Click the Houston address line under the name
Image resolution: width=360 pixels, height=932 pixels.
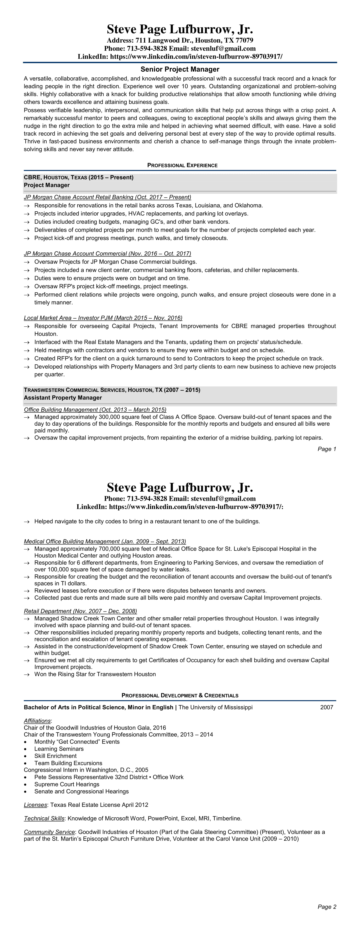pyautogui.click(x=180, y=40)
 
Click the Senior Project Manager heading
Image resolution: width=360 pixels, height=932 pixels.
pyautogui.click(x=180, y=69)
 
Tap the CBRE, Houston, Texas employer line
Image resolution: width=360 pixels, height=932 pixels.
pyautogui.click(x=79, y=177)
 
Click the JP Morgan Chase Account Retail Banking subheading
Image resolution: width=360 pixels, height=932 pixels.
pyautogui.click(x=107, y=197)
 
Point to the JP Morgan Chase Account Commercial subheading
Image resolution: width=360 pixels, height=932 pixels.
pyautogui.click(x=107, y=254)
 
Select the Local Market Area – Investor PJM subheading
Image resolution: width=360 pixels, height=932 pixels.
pyautogui.click(x=103, y=318)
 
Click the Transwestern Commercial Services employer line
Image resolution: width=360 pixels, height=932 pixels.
pyautogui.click(x=112, y=390)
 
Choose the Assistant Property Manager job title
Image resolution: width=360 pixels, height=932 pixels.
pyautogui.click(x=63, y=398)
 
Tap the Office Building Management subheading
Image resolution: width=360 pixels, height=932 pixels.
pyautogui.click(x=95, y=410)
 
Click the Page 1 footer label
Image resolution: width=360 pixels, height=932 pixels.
pyautogui.click(x=327, y=449)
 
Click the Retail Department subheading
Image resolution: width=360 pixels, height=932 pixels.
pyautogui.click(x=80, y=611)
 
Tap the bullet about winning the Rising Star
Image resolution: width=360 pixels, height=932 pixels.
pyautogui.click(x=95, y=674)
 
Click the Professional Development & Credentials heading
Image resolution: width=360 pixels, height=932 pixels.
pyautogui.click(x=180, y=695)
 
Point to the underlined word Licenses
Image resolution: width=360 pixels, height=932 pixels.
pyautogui.click(x=35, y=805)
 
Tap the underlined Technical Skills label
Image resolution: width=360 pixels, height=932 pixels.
pyautogui.click(x=44, y=818)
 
